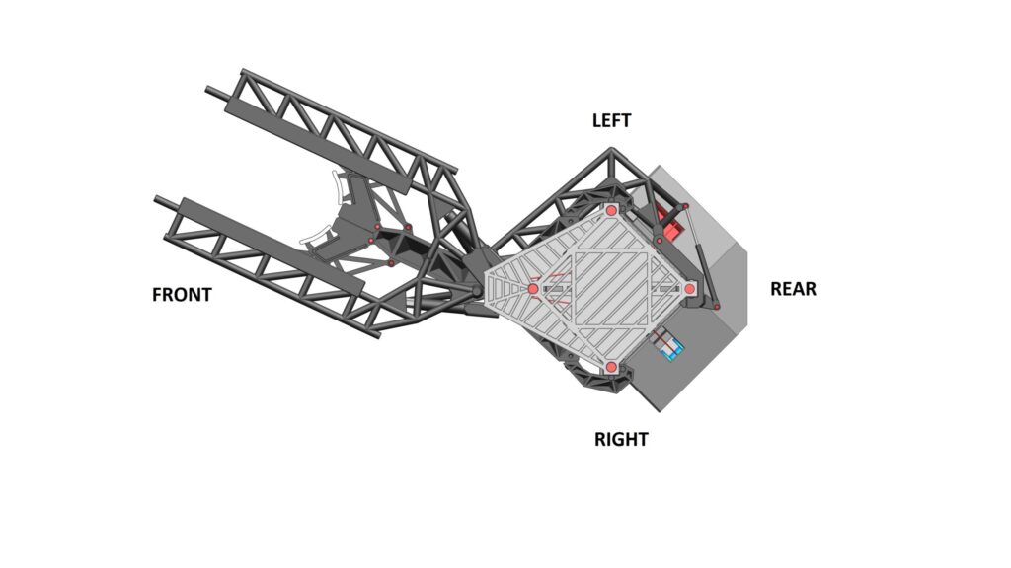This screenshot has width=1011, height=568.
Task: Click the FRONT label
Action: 182,295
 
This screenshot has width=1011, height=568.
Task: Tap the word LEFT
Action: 611,120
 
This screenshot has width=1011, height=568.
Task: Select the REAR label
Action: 793,289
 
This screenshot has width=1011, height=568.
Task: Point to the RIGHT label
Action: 621,439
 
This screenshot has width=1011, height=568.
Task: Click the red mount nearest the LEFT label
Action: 611,210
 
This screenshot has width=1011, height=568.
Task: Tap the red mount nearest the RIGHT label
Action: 611,367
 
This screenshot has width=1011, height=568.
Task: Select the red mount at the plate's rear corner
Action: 689,289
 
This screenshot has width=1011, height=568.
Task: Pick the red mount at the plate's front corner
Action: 533,289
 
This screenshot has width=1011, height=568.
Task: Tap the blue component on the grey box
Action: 670,344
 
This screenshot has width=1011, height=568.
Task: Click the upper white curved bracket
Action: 338,187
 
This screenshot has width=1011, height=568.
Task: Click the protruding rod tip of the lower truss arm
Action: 157,199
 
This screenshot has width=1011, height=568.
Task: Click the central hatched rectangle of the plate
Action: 610,288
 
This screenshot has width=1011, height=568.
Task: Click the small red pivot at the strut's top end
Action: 685,206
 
